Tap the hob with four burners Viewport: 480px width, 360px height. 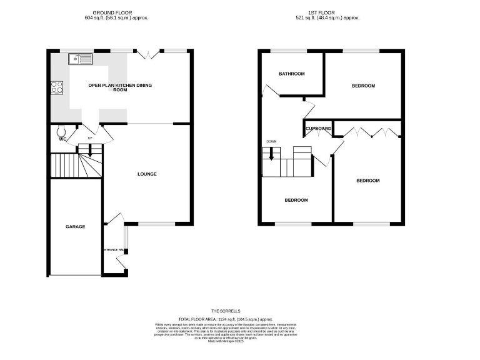[x=57, y=88]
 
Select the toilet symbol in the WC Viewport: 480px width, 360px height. [x=61, y=131]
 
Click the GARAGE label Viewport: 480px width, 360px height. [x=75, y=227]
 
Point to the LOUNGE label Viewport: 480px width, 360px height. [x=147, y=174]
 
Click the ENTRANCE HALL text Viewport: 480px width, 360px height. [x=115, y=250]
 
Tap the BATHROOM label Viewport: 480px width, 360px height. [x=291, y=74]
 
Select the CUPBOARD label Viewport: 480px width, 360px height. [x=318, y=129]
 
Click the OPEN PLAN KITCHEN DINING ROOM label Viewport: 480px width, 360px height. [x=120, y=87]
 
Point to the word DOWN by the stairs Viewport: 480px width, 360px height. [x=271, y=141]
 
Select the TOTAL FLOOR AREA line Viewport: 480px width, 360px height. [x=225, y=318]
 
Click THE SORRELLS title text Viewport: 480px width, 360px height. [x=225, y=311]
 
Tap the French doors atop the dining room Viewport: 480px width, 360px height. [x=146, y=54]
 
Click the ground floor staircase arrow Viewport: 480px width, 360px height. [x=90, y=150]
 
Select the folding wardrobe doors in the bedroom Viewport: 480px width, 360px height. [x=369, y=132]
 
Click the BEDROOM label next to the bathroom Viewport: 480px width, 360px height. [x=362, y=86]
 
